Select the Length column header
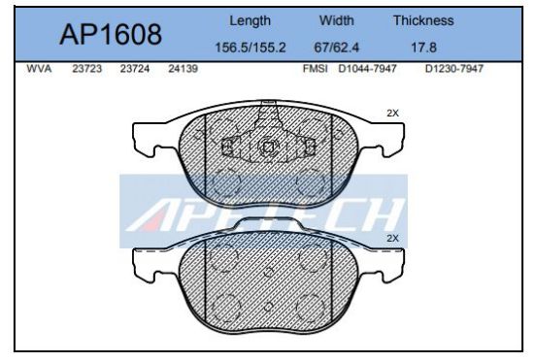pyautogui.click(x=250, y=20)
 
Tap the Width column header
pyautogui.click(x=338, y=20)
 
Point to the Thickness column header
pyautogui.click(x=423, y=20)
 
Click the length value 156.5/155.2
pyautogui.click(x=250, y=47)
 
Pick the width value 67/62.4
pyautogui.click(x=338, y=47)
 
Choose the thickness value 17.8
pyautogui.click(x=423, y=47)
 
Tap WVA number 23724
pyautogui.click(x=134, y=69)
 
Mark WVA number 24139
pyautogui.click(x=183, y=69)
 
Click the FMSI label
pyautogui.click(x=317, y=69)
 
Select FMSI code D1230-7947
pyautogui.click(x=453, y=69)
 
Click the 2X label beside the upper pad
pyautogui.click(x=392, y=114)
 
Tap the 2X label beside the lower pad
pyautogui.click(x=392, y=238)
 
